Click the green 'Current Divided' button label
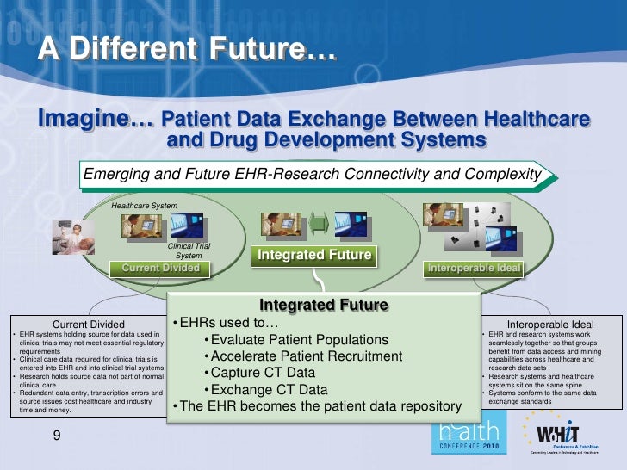pyautogui.click(x=161, y=268)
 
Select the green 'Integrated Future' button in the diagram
pyautogui.click(x=313, y=255)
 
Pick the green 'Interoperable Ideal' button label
pyautogui.click(x=475, y=268)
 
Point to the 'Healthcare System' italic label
pyautogui.click(x=144, y=206)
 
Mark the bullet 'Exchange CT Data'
pyautogui.click(x=264, y=389)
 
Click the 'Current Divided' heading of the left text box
pyautogui.click(x=90, y=324)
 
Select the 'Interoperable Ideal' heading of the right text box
pyautogui.click(x=550, y=324)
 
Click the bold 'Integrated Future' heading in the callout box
pyautogui.click(x=323, y=306)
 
